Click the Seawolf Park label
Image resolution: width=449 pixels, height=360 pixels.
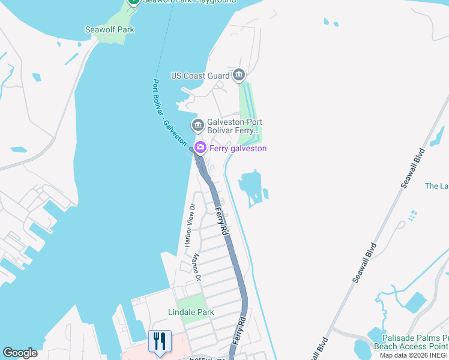[109, 29]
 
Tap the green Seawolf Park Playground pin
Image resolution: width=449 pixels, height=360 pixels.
[133, 2]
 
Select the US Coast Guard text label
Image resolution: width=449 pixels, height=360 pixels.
[200, 76]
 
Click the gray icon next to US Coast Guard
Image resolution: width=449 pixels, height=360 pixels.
[240, 75]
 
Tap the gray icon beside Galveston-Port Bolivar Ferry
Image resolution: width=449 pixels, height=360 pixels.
[197, 125]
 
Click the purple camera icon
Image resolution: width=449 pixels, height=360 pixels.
[200, 147]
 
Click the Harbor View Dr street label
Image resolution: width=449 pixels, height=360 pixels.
[189, 226]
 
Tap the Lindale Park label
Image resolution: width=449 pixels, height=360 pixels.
[191, 312]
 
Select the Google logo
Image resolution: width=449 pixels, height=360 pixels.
[20, 353]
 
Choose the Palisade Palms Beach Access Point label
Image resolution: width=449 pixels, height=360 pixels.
[411, 342]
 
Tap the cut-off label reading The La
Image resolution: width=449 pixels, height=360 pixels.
[436, 186]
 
